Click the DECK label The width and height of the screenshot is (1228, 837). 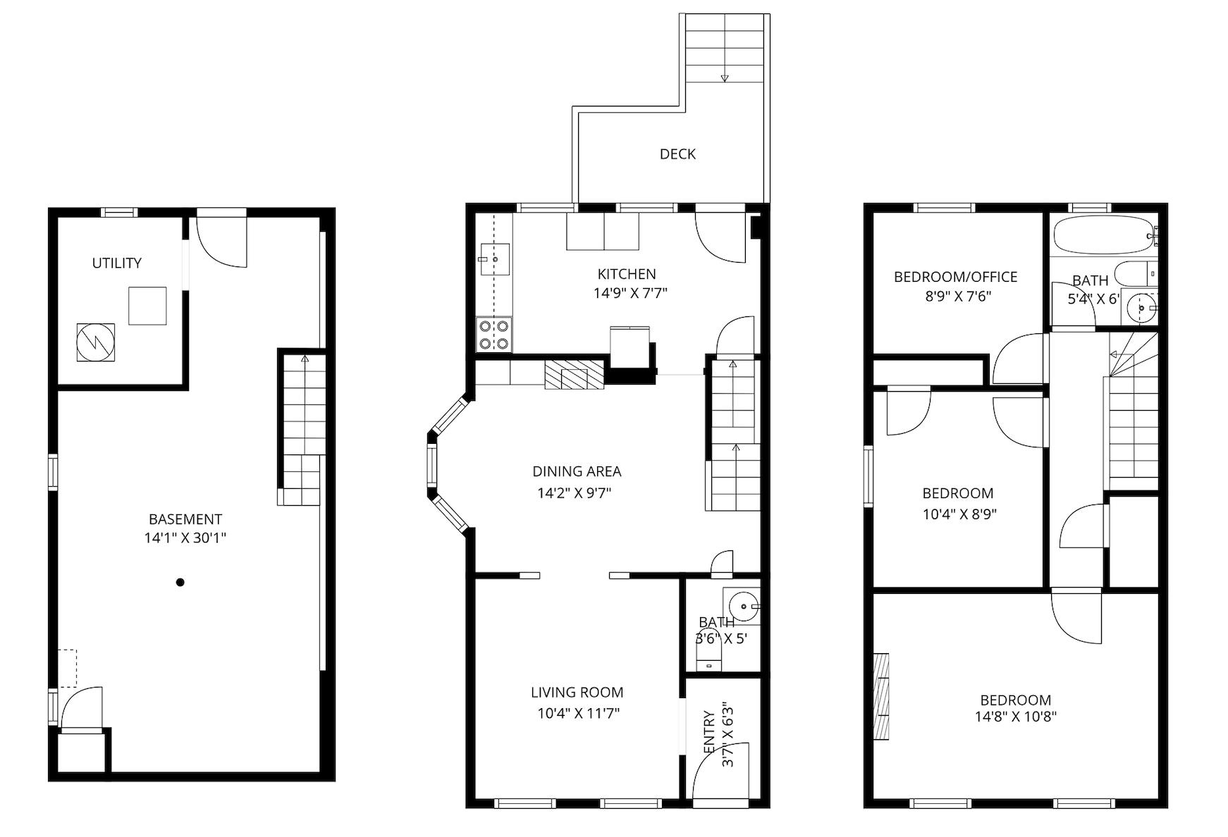pyautogui.click(x=677, y=154)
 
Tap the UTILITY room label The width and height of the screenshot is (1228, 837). pyautogui.click(x=117, y=263)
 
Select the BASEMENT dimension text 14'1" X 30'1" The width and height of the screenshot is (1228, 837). pyautogui.click(x=185, y=538)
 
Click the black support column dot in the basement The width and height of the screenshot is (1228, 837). pyautogui.click(x=180, y=582)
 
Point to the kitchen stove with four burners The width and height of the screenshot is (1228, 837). pyautogui.click(x=494, y=335)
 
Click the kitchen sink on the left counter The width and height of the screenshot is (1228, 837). pyautogui.click(x=494, y=259)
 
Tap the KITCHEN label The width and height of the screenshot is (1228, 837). pyautogui.click(x=627, y=274)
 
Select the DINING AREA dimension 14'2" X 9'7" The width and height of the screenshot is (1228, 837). pyautogui.click(x=575, y=493)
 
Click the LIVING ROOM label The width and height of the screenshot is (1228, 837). pyautogui.click(x=577, y=693)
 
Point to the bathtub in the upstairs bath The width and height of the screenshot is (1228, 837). pyautogui.click(x=1103, y=235)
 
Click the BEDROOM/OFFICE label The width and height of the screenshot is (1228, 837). pyautogui.click(x=955, y=277)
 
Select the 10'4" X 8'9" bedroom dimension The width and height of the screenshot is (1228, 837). pyautogui.click(x=959, y=514)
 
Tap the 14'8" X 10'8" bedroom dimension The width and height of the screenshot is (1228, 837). pyautogui.click(x=1016, y=717)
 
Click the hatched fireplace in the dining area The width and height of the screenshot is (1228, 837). pyautogui.click(x=575, y=374)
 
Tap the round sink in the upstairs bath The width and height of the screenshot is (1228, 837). pyautogui.click(x=1140, y=307)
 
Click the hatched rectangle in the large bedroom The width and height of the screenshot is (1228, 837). pyautogui.click(x=881, y=696)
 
